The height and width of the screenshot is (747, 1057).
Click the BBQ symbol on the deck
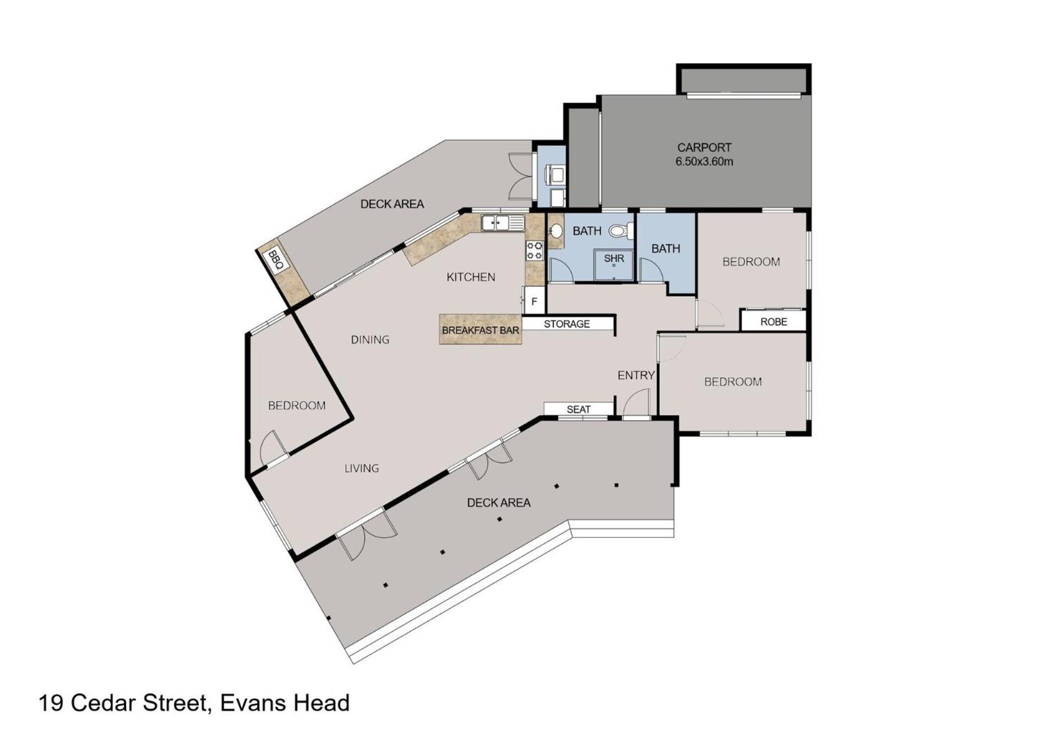(275, 260)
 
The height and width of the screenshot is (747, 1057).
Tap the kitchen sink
(503, 223)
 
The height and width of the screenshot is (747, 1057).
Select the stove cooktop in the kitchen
(535, 250)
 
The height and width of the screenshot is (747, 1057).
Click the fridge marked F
(534, 301)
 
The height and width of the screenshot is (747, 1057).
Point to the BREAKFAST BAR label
(481, 331)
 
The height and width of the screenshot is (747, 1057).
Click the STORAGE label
(566, 324)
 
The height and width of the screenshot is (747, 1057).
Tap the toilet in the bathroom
(622, 231)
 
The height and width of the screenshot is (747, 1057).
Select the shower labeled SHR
(614, 265)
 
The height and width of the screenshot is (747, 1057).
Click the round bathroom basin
(556, 230)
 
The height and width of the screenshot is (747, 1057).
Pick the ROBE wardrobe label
(773, 322)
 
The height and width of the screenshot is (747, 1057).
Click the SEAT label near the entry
(578, 409)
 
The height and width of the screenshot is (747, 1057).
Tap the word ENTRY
(636, 375)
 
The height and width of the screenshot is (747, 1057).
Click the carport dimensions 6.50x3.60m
(704, 162)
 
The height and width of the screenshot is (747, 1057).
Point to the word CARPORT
(704, 147)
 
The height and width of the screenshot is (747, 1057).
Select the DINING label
(370, 339)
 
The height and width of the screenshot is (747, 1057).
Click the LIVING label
(362, 468)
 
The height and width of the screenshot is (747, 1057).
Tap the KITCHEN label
(471, 277)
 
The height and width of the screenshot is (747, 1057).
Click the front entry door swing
(637, 402)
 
